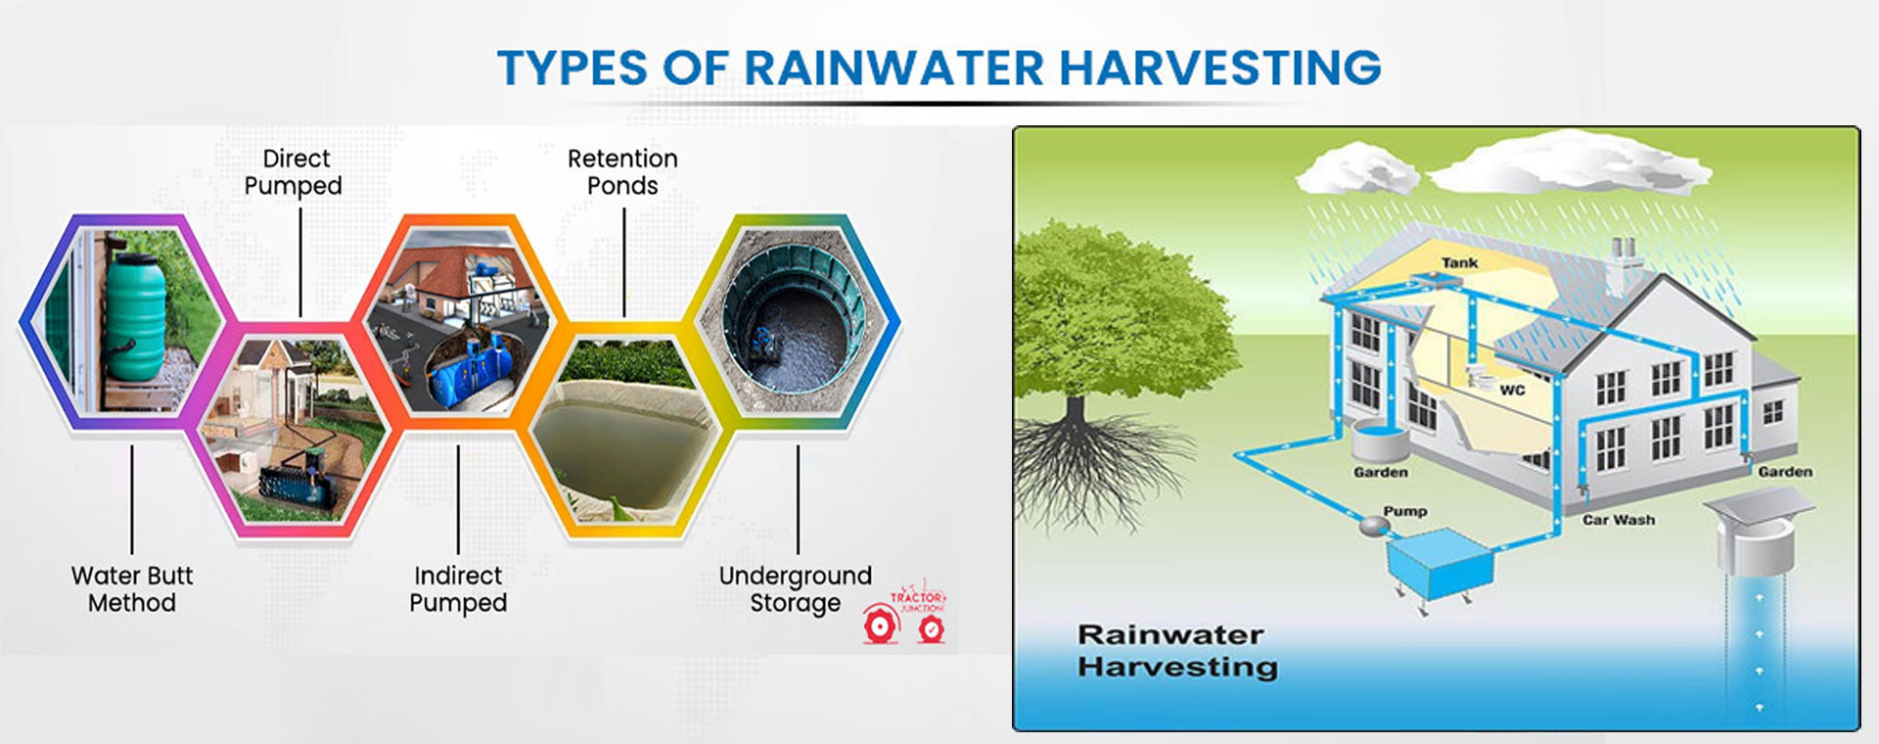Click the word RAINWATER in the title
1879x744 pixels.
tap(894, 69)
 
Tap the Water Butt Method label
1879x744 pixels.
tap(132, 588)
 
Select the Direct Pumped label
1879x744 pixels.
tap(295, 172)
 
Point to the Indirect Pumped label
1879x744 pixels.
tap(458, 588)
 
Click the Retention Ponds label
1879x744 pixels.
tap(622, 172)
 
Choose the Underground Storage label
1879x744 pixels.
tap(795, 588)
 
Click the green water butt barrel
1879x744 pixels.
tap(135, 313)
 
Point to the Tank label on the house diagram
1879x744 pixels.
tap(1459, 262)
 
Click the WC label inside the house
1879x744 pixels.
tap(1512, 390)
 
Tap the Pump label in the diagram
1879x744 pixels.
tap(1404, 511)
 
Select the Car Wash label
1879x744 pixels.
tap(1619, 520)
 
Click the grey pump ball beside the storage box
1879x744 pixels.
tap(1374, 527)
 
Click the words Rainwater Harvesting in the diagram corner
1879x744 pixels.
tap(1177, 650)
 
